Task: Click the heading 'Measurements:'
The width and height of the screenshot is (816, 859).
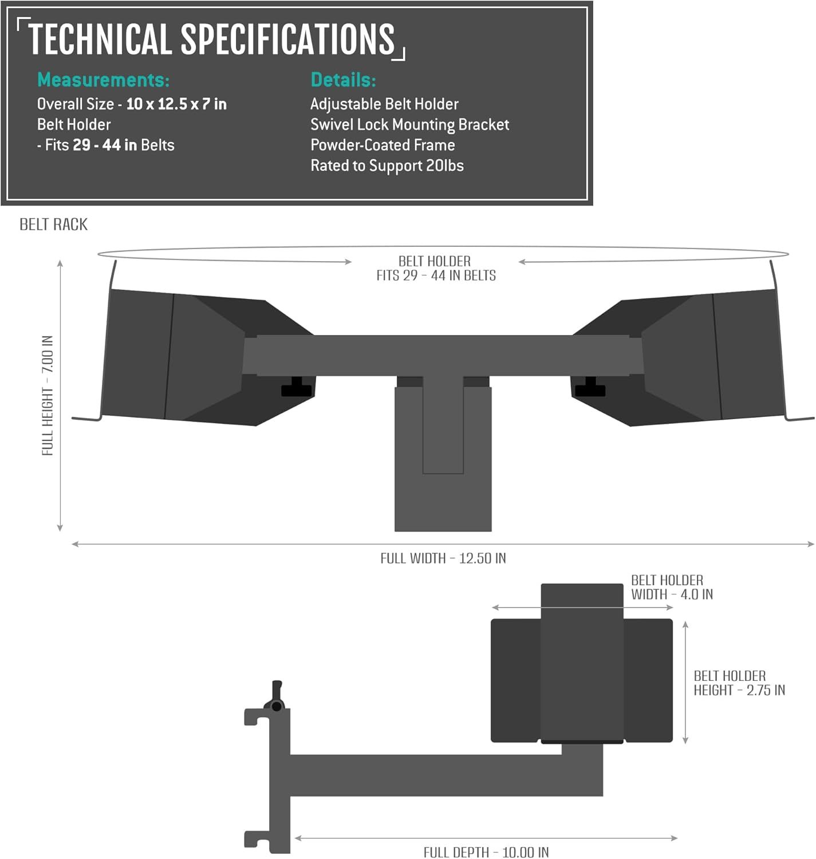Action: pyautogui.click(x=103, y=80)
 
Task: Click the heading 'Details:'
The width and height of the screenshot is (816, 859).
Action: pyautogui.click(x=343, y=80)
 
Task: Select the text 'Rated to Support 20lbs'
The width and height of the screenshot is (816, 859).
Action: pyautogui.click(x=387, y=166)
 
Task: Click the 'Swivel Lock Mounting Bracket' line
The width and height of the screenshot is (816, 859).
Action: pyautogui.click(x=409, y=124)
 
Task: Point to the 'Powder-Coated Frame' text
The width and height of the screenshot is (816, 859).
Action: pyautogui.click(x=383, y=145)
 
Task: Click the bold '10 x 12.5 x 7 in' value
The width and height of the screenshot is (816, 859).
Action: pyautogui.click(x=176, y=104)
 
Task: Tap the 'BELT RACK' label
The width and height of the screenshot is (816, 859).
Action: pyautogui.click(x=53, y=224)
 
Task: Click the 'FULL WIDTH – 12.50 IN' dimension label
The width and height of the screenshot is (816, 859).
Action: pyautogui.click(x=443, y=558)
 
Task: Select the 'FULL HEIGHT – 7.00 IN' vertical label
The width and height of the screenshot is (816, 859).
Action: pyautogui.click(x=47, y=395)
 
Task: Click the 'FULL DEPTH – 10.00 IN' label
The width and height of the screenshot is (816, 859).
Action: pyautogui.click(x=486, y=853)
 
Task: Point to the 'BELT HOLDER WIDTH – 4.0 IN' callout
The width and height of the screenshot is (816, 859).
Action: pyautogui.click(x=672, y=587)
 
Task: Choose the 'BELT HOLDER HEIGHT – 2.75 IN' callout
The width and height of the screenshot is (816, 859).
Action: pyautogui.click(x=739, y=683)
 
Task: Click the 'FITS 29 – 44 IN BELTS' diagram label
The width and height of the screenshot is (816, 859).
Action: pyautogui.click(x=436, y=275)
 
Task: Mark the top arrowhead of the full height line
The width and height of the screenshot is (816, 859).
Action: pyautogui.click(x=60, y=263)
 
